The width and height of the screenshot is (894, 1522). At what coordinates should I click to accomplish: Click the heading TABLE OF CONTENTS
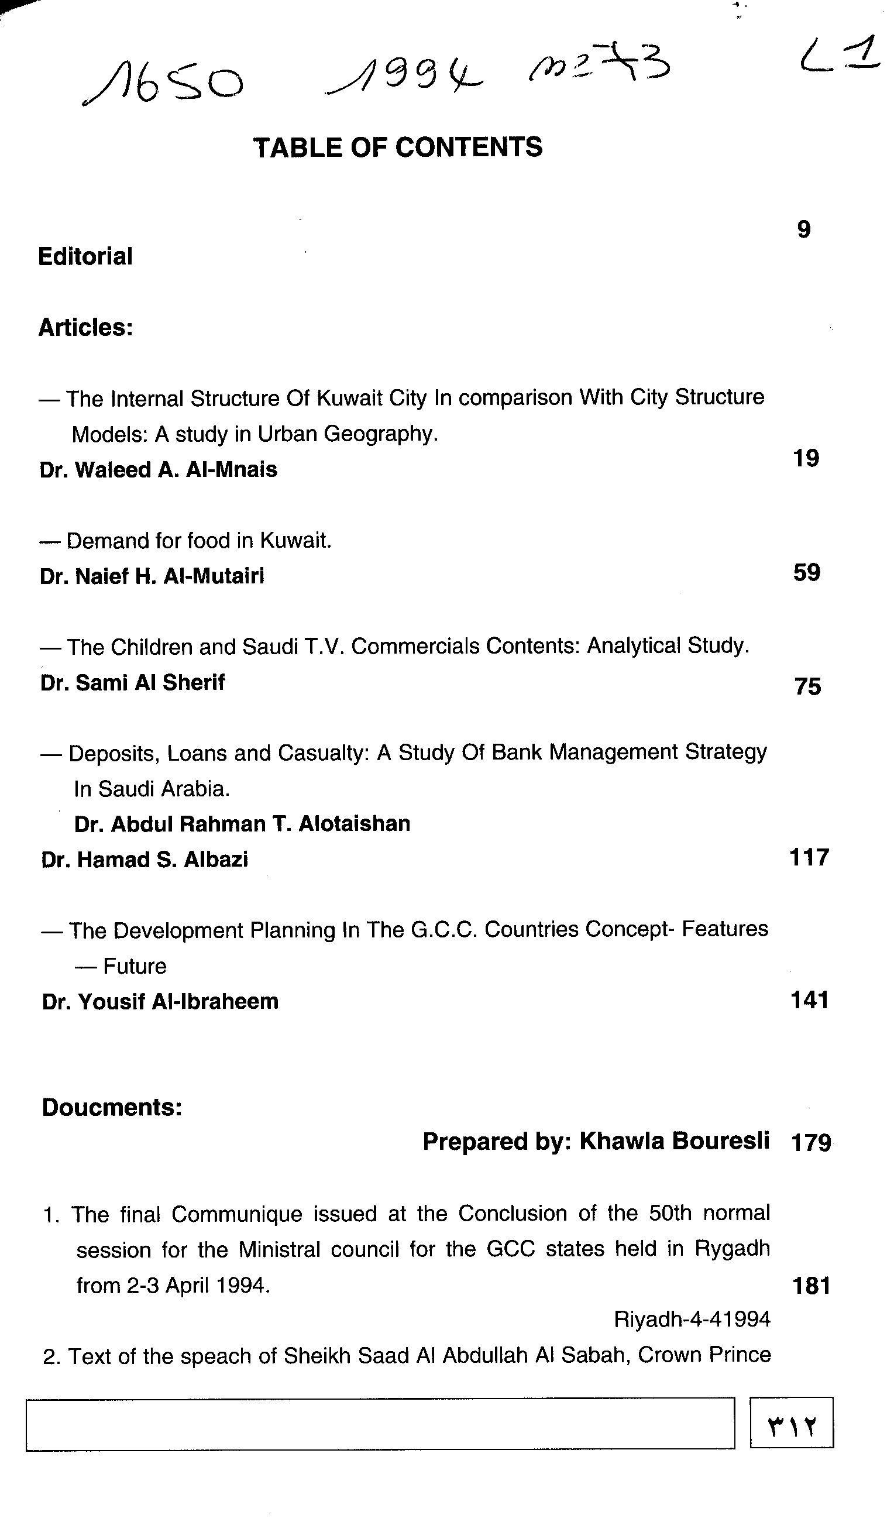coord(397,147)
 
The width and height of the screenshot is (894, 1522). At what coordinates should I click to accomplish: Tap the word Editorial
coord(85,257)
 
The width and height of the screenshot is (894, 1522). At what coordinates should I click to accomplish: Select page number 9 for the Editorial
coord(803,229)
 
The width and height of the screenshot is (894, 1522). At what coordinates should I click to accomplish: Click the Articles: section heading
coord(85,327)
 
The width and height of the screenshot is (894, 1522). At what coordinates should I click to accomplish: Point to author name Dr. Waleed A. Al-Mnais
coord(158,470)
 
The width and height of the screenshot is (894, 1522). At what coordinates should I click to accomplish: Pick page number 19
coord(806,458)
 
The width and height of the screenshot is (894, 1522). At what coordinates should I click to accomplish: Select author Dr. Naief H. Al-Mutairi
coord(152,576)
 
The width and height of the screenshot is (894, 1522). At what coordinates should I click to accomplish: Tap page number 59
coord(807,572)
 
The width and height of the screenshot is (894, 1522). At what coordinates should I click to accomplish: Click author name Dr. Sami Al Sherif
coord(132,682)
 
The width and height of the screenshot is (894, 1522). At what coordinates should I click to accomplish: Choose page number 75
coord(807,687)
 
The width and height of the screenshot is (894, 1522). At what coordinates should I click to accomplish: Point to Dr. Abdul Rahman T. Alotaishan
coord(242,824)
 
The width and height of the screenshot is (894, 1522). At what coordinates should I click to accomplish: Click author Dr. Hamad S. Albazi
coord(145,860)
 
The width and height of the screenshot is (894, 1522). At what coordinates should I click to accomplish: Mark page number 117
coord(809,857)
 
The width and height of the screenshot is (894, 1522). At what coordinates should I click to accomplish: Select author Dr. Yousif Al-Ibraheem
coord(160,1001)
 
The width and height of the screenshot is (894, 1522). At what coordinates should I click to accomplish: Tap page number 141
coord(809,1000)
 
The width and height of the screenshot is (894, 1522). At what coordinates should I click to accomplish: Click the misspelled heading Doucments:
coord(112,1108)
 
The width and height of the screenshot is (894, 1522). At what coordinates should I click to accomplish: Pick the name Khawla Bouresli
coord(674,1141)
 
